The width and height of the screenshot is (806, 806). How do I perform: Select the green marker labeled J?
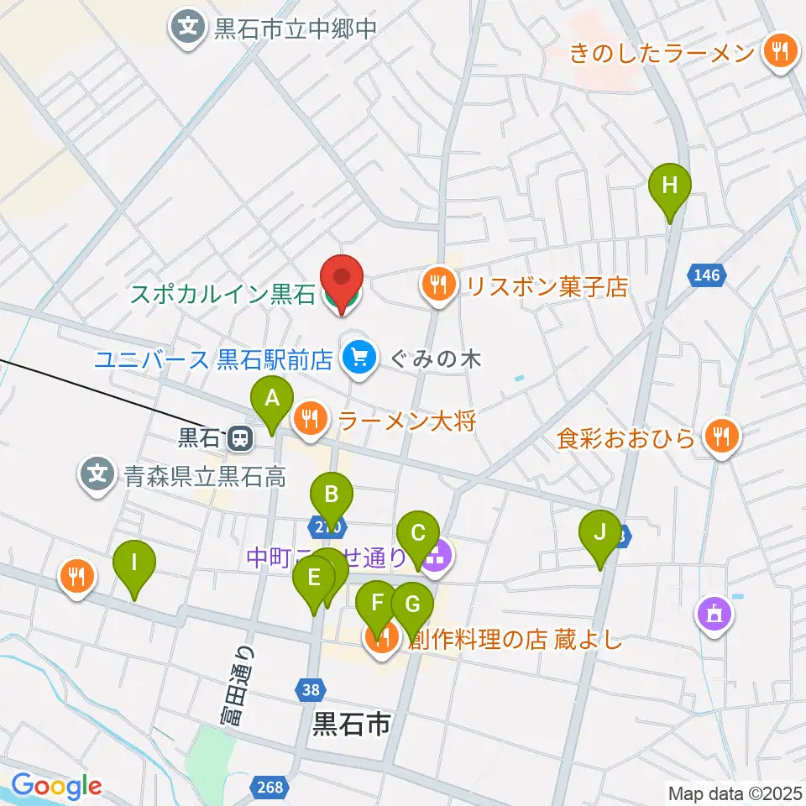[599, 532]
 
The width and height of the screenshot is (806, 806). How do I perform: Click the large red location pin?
[343, 279]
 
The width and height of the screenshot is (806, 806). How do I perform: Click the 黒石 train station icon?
[240, 437]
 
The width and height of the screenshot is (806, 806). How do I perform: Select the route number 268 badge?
[271, 787]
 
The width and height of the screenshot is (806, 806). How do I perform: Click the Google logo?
[56, 786]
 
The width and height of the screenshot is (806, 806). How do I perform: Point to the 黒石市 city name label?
[352, 725]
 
